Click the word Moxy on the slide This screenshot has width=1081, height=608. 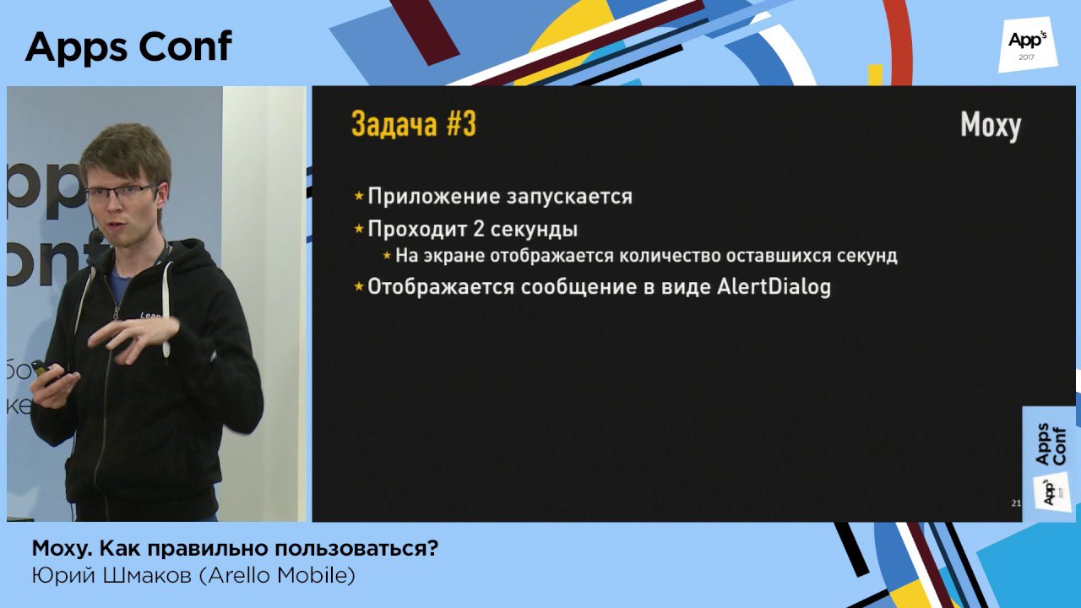[x=991, y=127]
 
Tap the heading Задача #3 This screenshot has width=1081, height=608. [x=414, y=124]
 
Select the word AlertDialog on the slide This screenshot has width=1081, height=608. [x=774, y=286]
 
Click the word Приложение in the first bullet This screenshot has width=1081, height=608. [x=433, y=197]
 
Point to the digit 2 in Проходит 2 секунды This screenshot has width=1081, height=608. [x=478, y=229]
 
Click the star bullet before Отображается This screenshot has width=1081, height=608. [x=359, y=286]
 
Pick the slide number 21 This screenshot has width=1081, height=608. [x=1016, y=503]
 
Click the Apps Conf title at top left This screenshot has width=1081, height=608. [x=129, y=46]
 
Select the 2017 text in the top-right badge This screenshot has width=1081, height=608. [x=1026, y=57]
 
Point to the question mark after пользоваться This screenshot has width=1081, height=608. [x=432, y=548]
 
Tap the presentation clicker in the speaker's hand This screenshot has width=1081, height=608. [x=46, y=372]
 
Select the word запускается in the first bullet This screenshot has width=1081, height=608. [x=569, y=198]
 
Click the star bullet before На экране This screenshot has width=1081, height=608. [x=387, y=255]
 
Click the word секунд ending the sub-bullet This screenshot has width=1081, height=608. [x=866, y=255]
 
